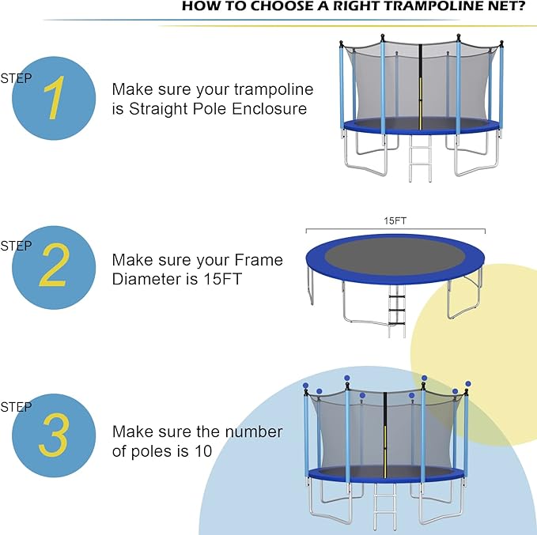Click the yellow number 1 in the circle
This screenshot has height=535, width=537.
[x=53, y=99]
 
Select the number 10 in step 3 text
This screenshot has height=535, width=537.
[x=201, y=451]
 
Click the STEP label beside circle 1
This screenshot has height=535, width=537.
[x=16, y=77]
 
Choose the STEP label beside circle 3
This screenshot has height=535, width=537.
[x=16, y=407]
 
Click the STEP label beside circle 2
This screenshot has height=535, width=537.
[x=16, y=246]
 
